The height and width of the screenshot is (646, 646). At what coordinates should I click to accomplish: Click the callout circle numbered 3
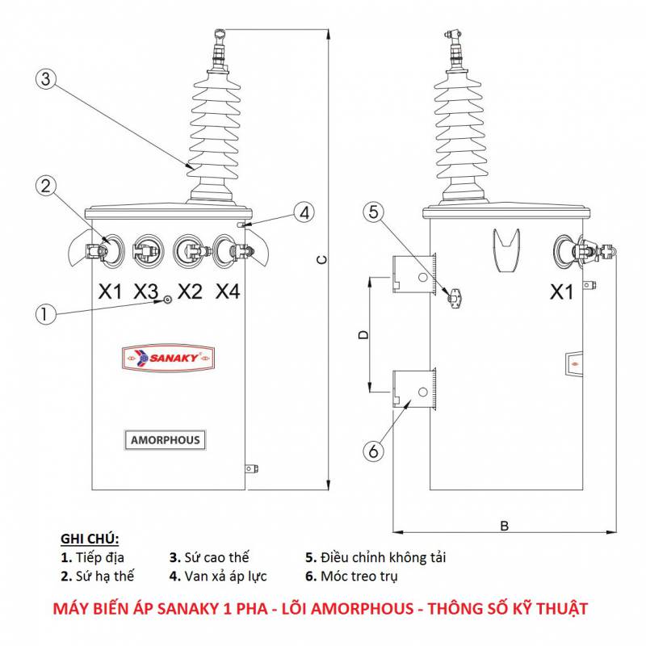click(x=46, y=78)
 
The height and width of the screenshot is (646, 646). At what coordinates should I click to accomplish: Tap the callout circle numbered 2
click(x=46, y=186)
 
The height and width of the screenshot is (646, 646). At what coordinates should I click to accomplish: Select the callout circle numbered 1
click(x=46, y=313)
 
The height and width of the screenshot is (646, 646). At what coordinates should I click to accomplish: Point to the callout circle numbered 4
click(x=303, y=213)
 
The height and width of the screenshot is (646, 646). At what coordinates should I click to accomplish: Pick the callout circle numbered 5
click(x=373, y=212)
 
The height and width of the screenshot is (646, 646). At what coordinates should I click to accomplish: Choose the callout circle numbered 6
click(x=373, y=451)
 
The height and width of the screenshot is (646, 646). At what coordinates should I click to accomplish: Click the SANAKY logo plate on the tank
click(x=165, y=356)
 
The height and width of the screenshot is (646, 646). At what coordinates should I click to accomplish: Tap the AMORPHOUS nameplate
click(x=165, y=440)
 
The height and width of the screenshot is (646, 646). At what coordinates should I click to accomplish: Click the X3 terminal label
click(x=147, y=292)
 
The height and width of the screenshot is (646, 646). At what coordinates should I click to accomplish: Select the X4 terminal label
click(x=228, y=292)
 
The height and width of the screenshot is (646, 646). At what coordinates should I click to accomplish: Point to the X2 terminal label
click(x=188, y=292)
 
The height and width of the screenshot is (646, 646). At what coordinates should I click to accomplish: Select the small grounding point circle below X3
click(x=167, y=300)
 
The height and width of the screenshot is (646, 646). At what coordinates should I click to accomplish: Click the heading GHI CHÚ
click(x=90, y=539)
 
